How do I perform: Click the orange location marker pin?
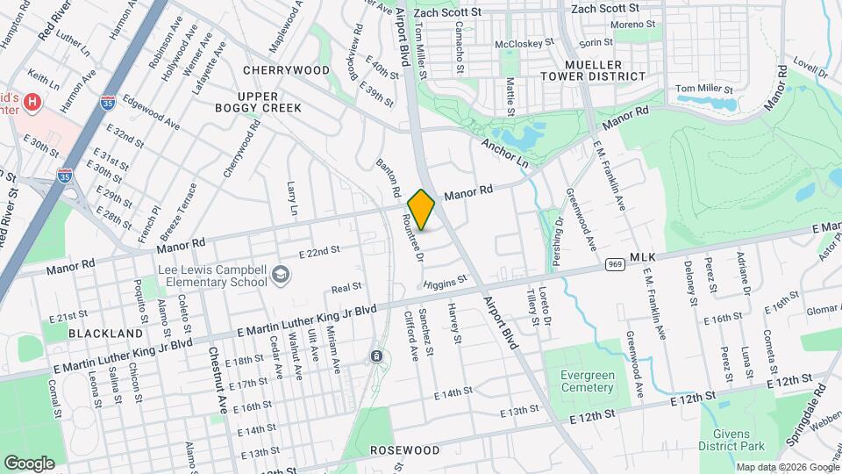(422, 210)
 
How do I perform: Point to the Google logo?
(29, 463)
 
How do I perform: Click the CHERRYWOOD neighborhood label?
(287, 70)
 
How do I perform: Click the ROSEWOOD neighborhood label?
(403, 450)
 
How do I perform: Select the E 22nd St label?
(318, 252)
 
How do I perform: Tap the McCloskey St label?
(524, 41)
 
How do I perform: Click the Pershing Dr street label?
(557, 233)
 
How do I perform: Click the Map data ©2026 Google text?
(787, 467)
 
